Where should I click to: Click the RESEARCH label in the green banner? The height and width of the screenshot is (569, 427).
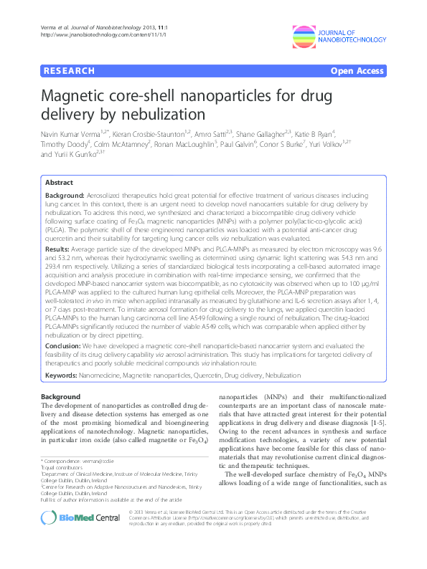click(x=70, y=71)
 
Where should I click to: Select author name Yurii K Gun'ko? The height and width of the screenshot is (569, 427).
click(x=78, y=154)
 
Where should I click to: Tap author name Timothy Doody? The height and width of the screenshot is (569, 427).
click(x=65, y=144)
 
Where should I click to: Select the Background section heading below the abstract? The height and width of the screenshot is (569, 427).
click(x=61, y=396)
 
